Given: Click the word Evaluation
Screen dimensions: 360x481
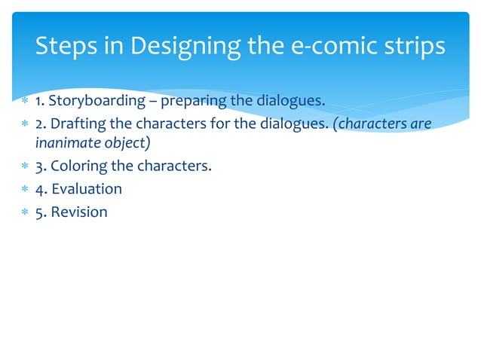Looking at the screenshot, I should pos(87,188).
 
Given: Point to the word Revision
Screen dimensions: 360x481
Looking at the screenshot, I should pos(79,212).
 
